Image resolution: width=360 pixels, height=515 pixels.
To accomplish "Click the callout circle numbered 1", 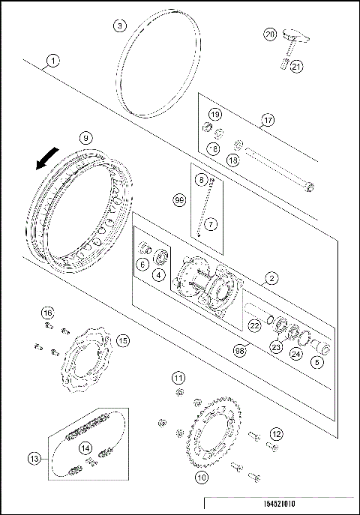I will pyautogui.click(x=53, y=59).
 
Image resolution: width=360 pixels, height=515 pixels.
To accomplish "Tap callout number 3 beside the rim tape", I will pyautogui.click(x=119, y=26).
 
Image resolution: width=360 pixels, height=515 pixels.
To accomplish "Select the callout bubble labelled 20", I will pyautogui.click(x=270, y=34).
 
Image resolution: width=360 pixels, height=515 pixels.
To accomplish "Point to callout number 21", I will pyautogui.click(x=295, y=67).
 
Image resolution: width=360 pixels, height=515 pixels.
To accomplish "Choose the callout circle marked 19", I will pyautogui.click(x=215, y=114).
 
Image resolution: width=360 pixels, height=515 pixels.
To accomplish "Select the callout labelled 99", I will pyautogui.click(x=178, y=200).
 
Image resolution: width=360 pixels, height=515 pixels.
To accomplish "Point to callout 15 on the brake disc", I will pyautogui.click(x=123, y=340).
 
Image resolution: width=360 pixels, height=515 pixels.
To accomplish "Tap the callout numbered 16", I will pyautogui.click(x=46, y=313).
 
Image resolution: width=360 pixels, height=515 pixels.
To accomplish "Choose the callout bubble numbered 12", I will pyautogui.click(x=276, y=433).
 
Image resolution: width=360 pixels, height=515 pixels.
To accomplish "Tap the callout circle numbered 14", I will pyautogui.click(x=86, y=448).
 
